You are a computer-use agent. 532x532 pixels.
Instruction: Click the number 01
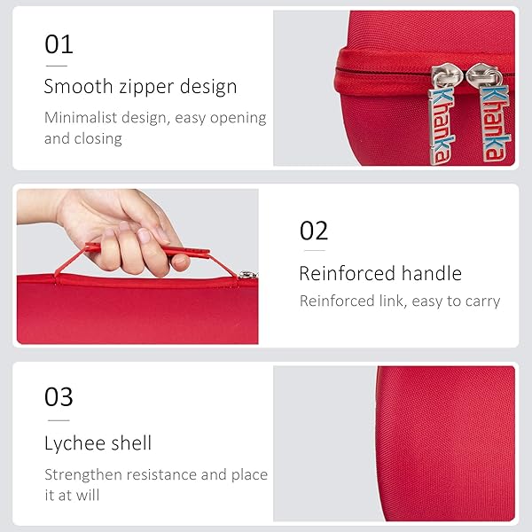pyautogui.click(x=59, y=44)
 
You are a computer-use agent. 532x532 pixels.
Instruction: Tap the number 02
pyautogui.click(x=314, y=231)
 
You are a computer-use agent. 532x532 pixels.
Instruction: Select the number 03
pyautogui.click(x=59, y=396)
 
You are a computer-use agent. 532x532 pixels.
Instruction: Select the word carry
pyautogui.click(x=482, y=301)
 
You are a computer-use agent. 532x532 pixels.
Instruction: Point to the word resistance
pyautogui.click(x=164, y=475)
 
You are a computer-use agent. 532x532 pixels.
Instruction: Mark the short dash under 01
pyautogui.click(x=57, y=66)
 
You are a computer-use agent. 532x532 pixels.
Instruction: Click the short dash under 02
pyautogui.click(x=311, y=252)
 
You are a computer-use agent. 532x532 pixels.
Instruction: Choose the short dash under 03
pyautogui.click(x=57, y=419)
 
